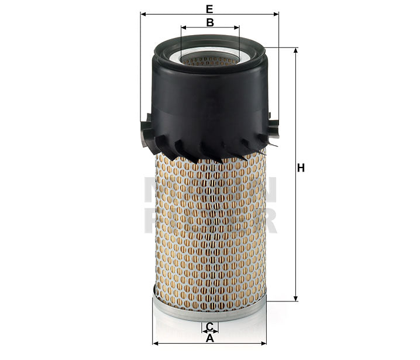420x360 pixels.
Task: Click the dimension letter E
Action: (209, 8)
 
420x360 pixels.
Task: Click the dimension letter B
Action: (209, 22)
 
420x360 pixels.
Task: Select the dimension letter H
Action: (301, 169)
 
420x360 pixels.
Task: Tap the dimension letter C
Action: (209, 326)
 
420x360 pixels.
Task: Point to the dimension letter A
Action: (209, 337)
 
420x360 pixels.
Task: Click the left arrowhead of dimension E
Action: (143, 14)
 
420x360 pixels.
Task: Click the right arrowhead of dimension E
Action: (276, 14)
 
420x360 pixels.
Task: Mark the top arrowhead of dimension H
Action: (295, 51)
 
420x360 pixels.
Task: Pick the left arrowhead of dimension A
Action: (155, 343)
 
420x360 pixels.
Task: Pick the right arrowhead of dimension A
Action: (263, 343)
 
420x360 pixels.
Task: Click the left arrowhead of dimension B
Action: (184, 27)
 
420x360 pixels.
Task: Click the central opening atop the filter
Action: (209, 59)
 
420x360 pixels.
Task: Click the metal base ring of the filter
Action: (209, 310)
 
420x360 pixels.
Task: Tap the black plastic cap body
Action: (209, 105)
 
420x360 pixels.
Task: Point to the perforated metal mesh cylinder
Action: (209, 228)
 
